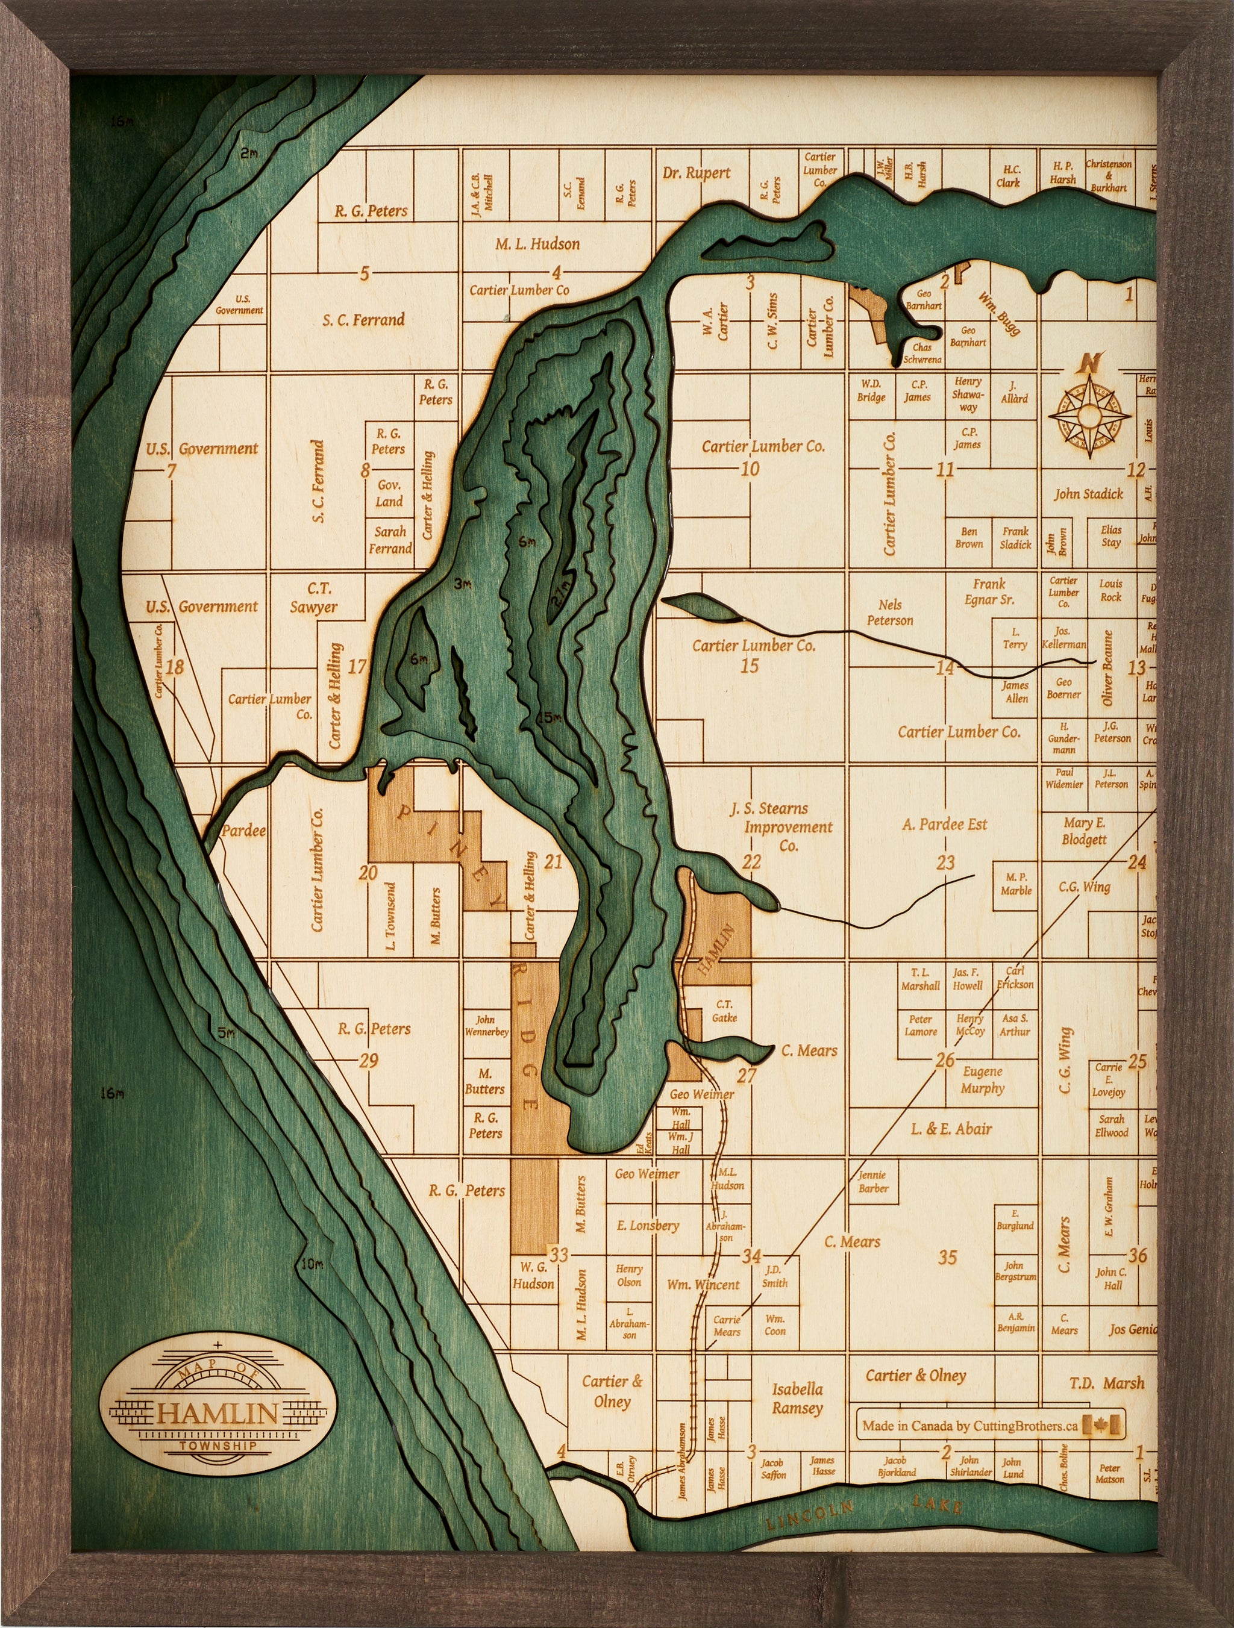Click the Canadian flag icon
[1103, 1426]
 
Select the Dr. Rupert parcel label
[696, 173]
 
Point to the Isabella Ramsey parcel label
[797, 1399]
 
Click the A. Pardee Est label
[944, 825]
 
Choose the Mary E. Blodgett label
[1084, 831]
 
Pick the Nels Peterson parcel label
[889, 613]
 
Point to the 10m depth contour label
[312, 1264]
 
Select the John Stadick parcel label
[1088, 494]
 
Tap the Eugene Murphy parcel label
[982, 1080]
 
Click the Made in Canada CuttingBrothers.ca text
[969, 1426]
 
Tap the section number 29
[368, 1060]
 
